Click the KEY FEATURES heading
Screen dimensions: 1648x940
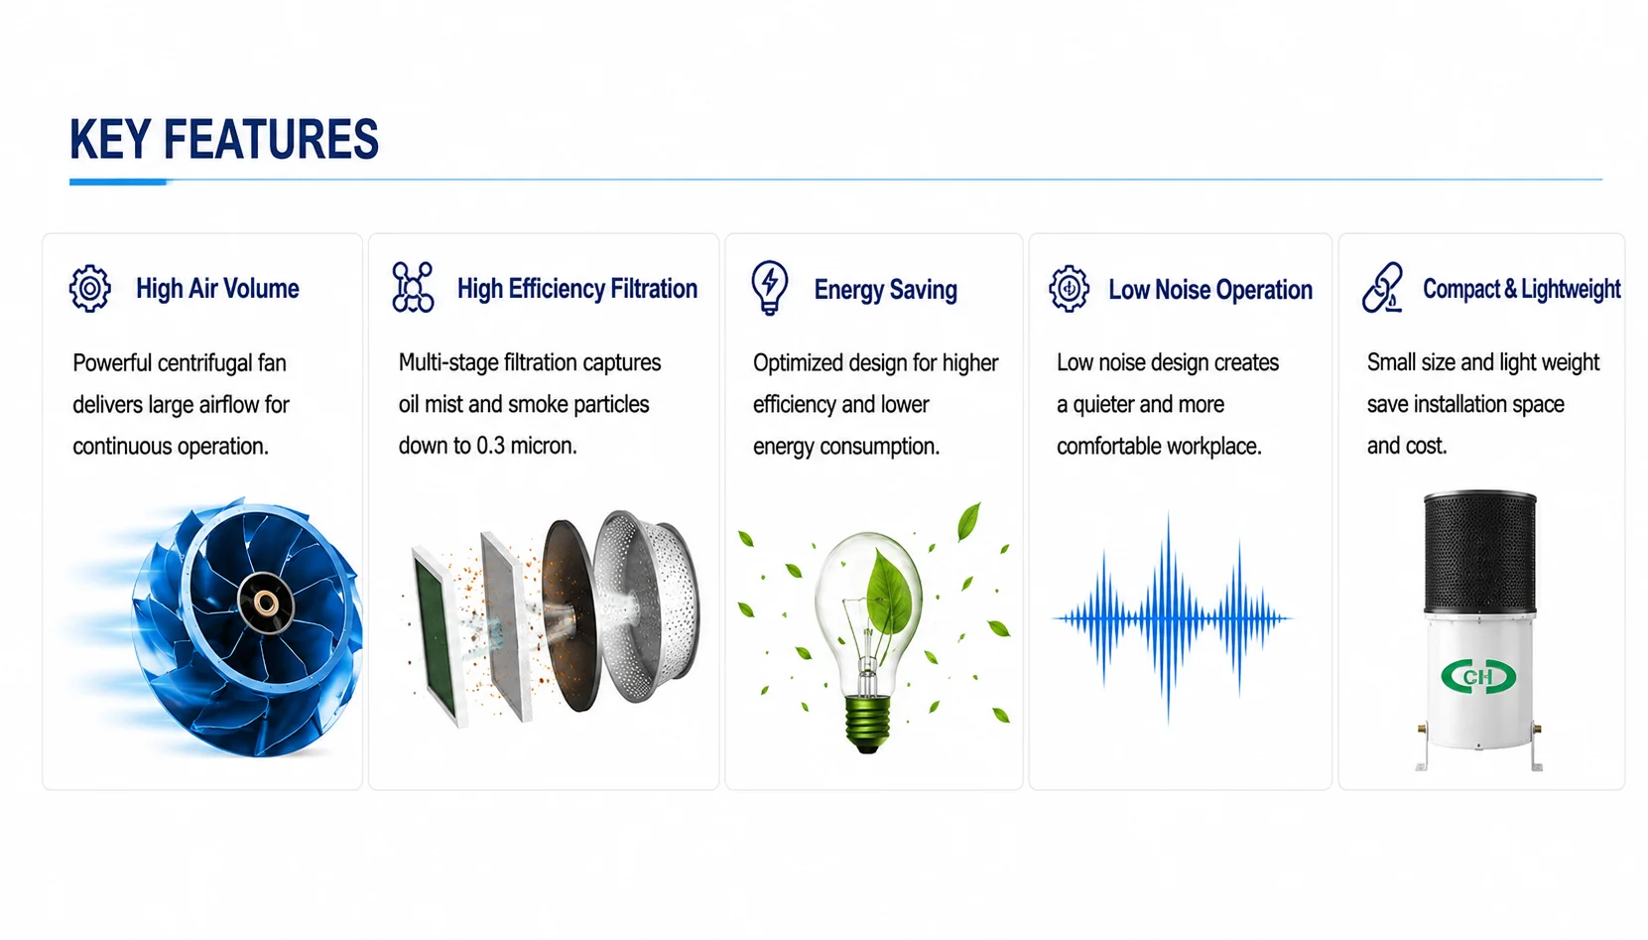coord(223,139)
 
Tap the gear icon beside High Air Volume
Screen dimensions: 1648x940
coord(89,289)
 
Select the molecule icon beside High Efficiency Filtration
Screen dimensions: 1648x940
coord(413,287)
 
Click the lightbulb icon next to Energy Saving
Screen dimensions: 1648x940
coord(770,287)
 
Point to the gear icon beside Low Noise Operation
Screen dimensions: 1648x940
coord(1069,289)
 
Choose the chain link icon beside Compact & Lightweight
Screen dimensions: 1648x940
coord(1382,287)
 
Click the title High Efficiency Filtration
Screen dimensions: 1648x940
coord(576,289)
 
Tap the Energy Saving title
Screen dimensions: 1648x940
coord(885,289)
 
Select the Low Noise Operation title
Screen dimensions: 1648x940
coord(1210,289)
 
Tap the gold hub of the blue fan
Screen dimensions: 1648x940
coord(266,604)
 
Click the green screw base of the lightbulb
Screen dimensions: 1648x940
coord(867,724)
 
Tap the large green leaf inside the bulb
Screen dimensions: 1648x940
coord(889,594)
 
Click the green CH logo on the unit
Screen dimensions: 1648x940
coord(1478,677)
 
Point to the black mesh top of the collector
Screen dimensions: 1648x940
coord(1479,552)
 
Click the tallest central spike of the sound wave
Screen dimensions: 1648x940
coord(1169,618)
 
